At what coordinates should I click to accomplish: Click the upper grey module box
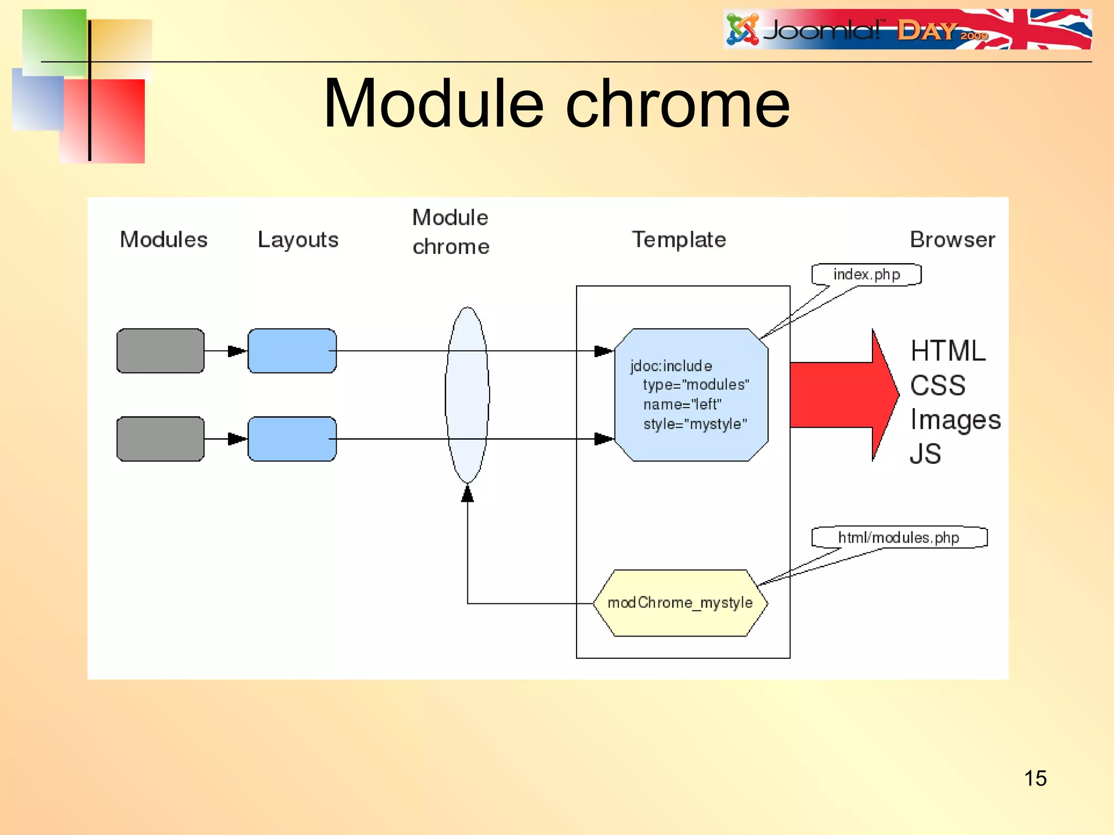[x=160, y=351]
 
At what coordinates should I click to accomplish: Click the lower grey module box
[x=160, y=439]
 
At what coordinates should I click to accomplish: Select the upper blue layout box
[x=292, y=351]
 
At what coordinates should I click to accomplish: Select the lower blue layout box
[x=292, y=439]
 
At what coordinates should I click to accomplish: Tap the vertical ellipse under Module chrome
[x=467, y=395]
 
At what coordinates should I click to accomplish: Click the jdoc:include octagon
[x=691, y=395]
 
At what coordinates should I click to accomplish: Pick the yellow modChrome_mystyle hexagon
[x=680, y=603]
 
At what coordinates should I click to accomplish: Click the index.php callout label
[x=867, y=275]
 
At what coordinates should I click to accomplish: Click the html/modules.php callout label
[x=899, y=538]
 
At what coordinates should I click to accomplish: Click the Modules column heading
[x=164, y=240]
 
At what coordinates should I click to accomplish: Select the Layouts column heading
[x=298, y=240]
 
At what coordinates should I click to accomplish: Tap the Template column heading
[x=679, y=240]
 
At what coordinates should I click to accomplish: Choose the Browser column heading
[x=952, y=240]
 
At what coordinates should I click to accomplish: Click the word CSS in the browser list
[x=938, y=385]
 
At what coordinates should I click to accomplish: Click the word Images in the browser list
[x=955, y=420]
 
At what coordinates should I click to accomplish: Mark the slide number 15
[x=1035, y=778]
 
